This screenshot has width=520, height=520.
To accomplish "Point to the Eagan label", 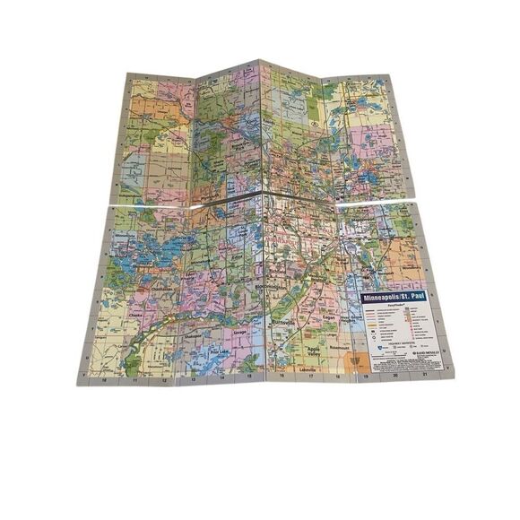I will tap(331, 305).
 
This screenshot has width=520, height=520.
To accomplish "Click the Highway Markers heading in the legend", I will tap(398, 341).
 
